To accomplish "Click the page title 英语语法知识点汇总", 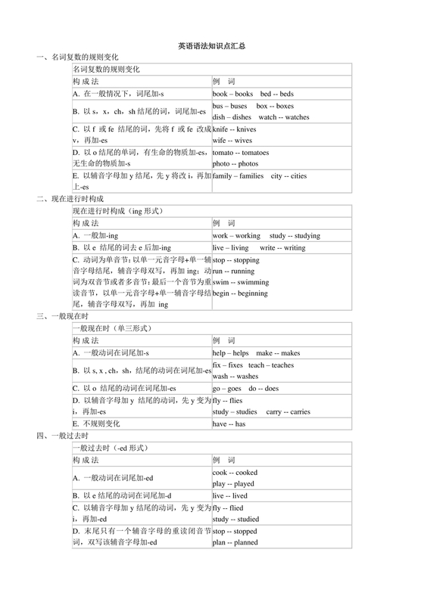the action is point(211,45).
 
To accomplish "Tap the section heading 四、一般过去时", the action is point(64,436).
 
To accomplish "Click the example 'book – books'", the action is point(232,93).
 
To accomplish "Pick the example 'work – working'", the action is point(236,235).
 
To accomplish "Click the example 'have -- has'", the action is point(229,424).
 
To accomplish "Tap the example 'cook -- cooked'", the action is point(235,472).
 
